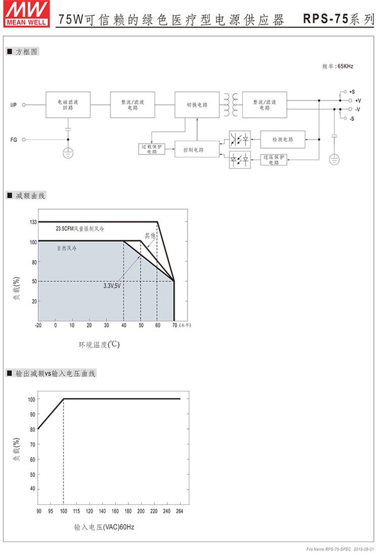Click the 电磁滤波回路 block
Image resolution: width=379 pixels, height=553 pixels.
(x=68, y=105)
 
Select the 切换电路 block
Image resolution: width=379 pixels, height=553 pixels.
(x=197, y=105)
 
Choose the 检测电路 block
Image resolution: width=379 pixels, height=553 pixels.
(x=282, y=139)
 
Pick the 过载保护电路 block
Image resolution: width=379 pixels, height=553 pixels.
(x=152, y=149)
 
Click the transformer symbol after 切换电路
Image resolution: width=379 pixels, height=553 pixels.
(x=231, y=104)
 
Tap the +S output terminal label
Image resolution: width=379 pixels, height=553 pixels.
(x=352, y=92)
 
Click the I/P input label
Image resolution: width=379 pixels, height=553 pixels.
(x=14, y=105)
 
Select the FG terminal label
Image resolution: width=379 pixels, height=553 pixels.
(x=14, y=139)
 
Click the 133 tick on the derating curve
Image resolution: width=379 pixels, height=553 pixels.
(x=33, y=222)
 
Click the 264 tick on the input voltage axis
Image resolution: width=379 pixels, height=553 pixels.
(x=178, y=512)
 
